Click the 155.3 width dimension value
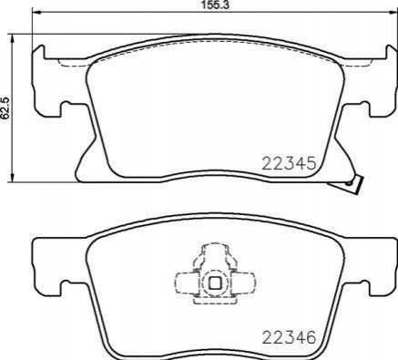(214, 5)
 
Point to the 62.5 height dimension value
(5, 108)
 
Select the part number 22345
(289, 164)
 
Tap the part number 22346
(289, 337)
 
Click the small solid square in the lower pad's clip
(215, 283)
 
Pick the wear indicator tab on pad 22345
(353, 184)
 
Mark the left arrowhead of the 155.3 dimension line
(36, 13)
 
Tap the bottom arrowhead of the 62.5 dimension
(12, 178)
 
